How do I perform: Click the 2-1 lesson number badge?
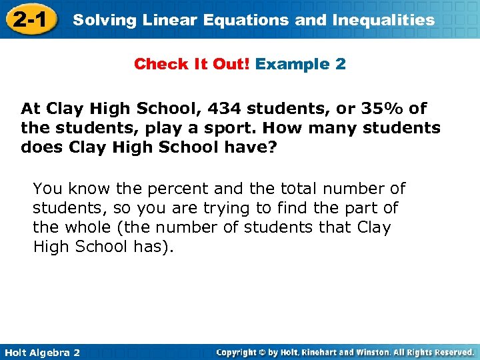pyautogui.click(x=29, y=19)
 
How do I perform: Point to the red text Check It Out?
pyautogui.click(x=191, y=65)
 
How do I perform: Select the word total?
pyautogui.click(x=271, y=189)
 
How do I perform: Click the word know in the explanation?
pyautogui.click(x=83, y=189)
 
